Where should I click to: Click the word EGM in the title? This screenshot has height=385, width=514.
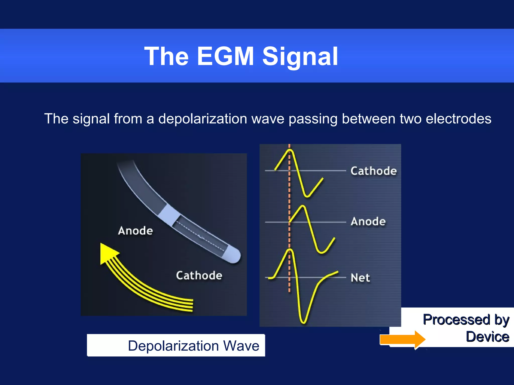(225, 57)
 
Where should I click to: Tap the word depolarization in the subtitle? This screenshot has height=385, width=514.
(203, 119)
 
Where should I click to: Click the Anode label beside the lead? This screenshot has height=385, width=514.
(135, 231)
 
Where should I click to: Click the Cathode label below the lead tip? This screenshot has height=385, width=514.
(199, 275)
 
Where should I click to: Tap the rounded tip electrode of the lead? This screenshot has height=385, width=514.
(232, 254)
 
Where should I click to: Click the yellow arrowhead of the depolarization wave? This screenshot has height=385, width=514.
(107, 253)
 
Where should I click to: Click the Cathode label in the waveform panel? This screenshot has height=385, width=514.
(373, 171)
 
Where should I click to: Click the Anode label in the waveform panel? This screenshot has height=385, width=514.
(368, 222)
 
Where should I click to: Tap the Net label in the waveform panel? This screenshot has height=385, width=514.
(360, 278)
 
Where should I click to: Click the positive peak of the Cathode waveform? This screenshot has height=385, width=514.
(290, 150)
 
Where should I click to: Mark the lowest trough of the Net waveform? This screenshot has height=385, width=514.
(303, 322)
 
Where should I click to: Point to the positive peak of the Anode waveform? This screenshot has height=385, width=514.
(303, 207)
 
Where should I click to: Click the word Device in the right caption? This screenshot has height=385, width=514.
(487, 337)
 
